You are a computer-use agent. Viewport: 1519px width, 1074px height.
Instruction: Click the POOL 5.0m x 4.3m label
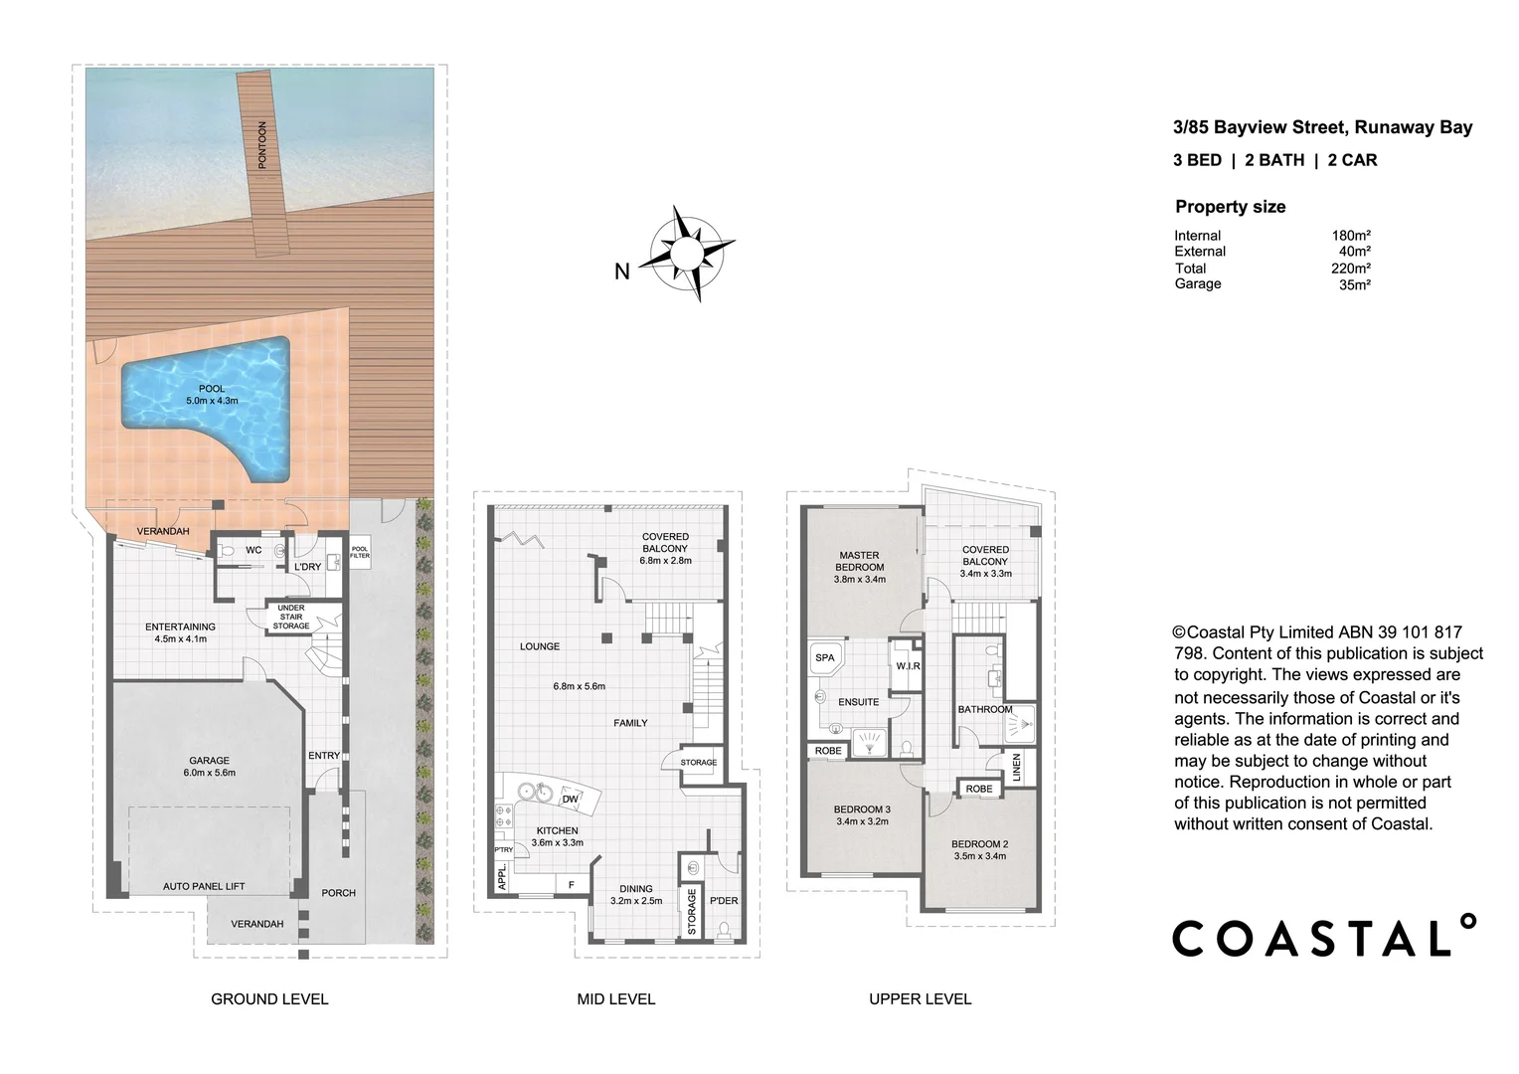coord(212,395)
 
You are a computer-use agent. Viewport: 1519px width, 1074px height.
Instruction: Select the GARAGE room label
coord(209,766)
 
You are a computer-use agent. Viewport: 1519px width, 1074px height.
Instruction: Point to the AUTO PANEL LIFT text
coord(204,886)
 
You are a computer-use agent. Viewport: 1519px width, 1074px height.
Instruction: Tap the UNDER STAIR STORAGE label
coord(291,617)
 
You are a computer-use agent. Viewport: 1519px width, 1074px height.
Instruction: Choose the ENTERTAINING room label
coord(180,632)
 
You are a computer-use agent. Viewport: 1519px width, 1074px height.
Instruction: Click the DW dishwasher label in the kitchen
coord(570,799)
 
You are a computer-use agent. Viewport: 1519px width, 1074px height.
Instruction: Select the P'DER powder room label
coord(723,901)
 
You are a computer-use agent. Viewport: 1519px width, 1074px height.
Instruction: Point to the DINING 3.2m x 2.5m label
coord(636,895)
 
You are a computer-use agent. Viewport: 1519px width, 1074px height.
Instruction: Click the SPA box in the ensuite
coord(825,658)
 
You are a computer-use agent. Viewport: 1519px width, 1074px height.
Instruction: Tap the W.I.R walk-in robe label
coord(906,665)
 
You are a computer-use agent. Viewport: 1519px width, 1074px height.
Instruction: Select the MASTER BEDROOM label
coord(859,567)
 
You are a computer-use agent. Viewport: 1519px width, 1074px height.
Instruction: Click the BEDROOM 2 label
coord(980,849)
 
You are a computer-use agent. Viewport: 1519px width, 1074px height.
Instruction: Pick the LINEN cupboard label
coord(1016,767)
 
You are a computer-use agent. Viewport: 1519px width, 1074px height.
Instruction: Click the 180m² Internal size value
coord(1351,236)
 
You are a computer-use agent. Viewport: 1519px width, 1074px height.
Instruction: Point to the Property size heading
coord(1230,207)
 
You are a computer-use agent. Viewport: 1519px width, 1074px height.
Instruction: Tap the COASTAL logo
coord(1323,937)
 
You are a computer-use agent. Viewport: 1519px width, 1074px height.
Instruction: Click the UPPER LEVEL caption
coord(920,998)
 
